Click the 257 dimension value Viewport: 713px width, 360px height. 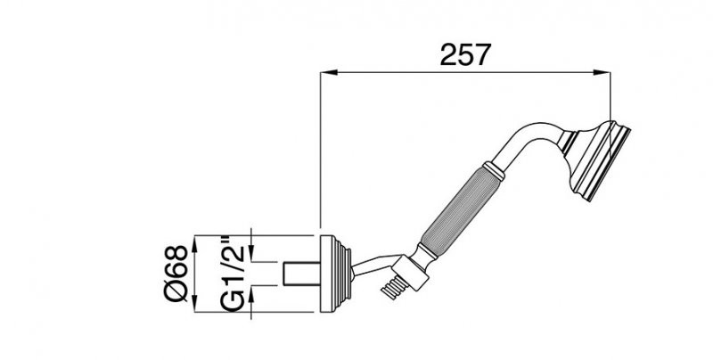click(465, 54)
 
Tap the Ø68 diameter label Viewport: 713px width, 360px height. click(176, 274)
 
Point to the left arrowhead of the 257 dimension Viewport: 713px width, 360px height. click(329, 72)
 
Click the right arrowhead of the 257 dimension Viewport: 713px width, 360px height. click(602, 72)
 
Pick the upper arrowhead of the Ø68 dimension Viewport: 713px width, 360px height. click(194, 244)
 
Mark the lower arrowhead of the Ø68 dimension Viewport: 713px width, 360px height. click(194, 303)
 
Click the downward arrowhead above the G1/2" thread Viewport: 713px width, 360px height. click(252, 253)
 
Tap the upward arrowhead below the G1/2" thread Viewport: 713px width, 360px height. click(252, 295)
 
